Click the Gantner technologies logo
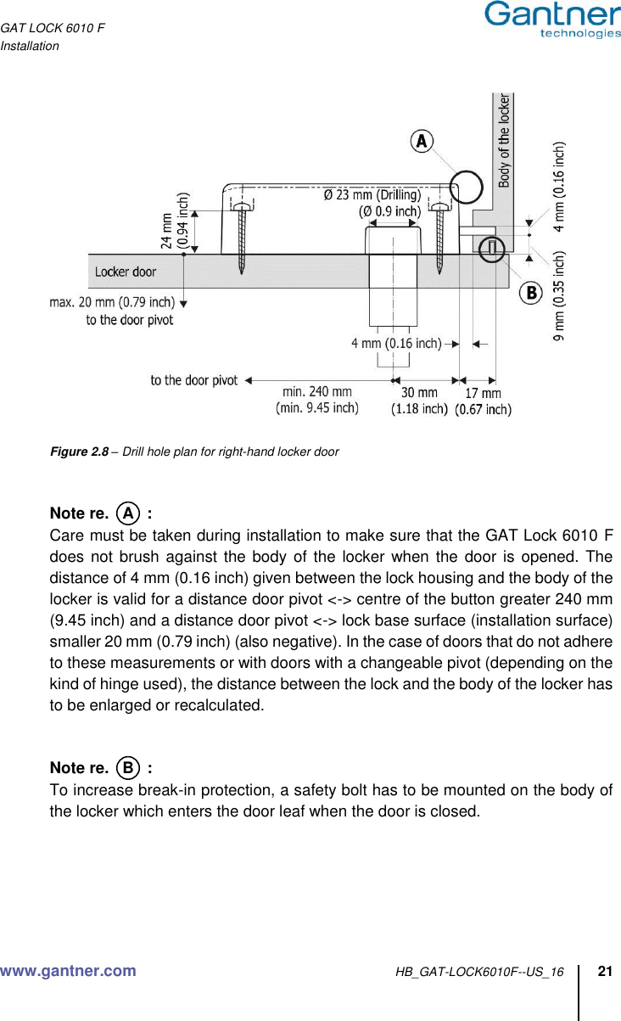[552, 20]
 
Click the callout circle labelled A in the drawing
[421, 141]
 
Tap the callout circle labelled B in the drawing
[530, 293]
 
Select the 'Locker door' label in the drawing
[126, 272]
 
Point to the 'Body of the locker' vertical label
[504, 140]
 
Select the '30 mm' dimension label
[419, 393]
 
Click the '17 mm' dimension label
[483, 394]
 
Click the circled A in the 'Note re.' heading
[127, 513]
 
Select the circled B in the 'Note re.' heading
[127, 768]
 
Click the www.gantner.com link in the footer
[68, 971]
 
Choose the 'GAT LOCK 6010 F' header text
[53, 29]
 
